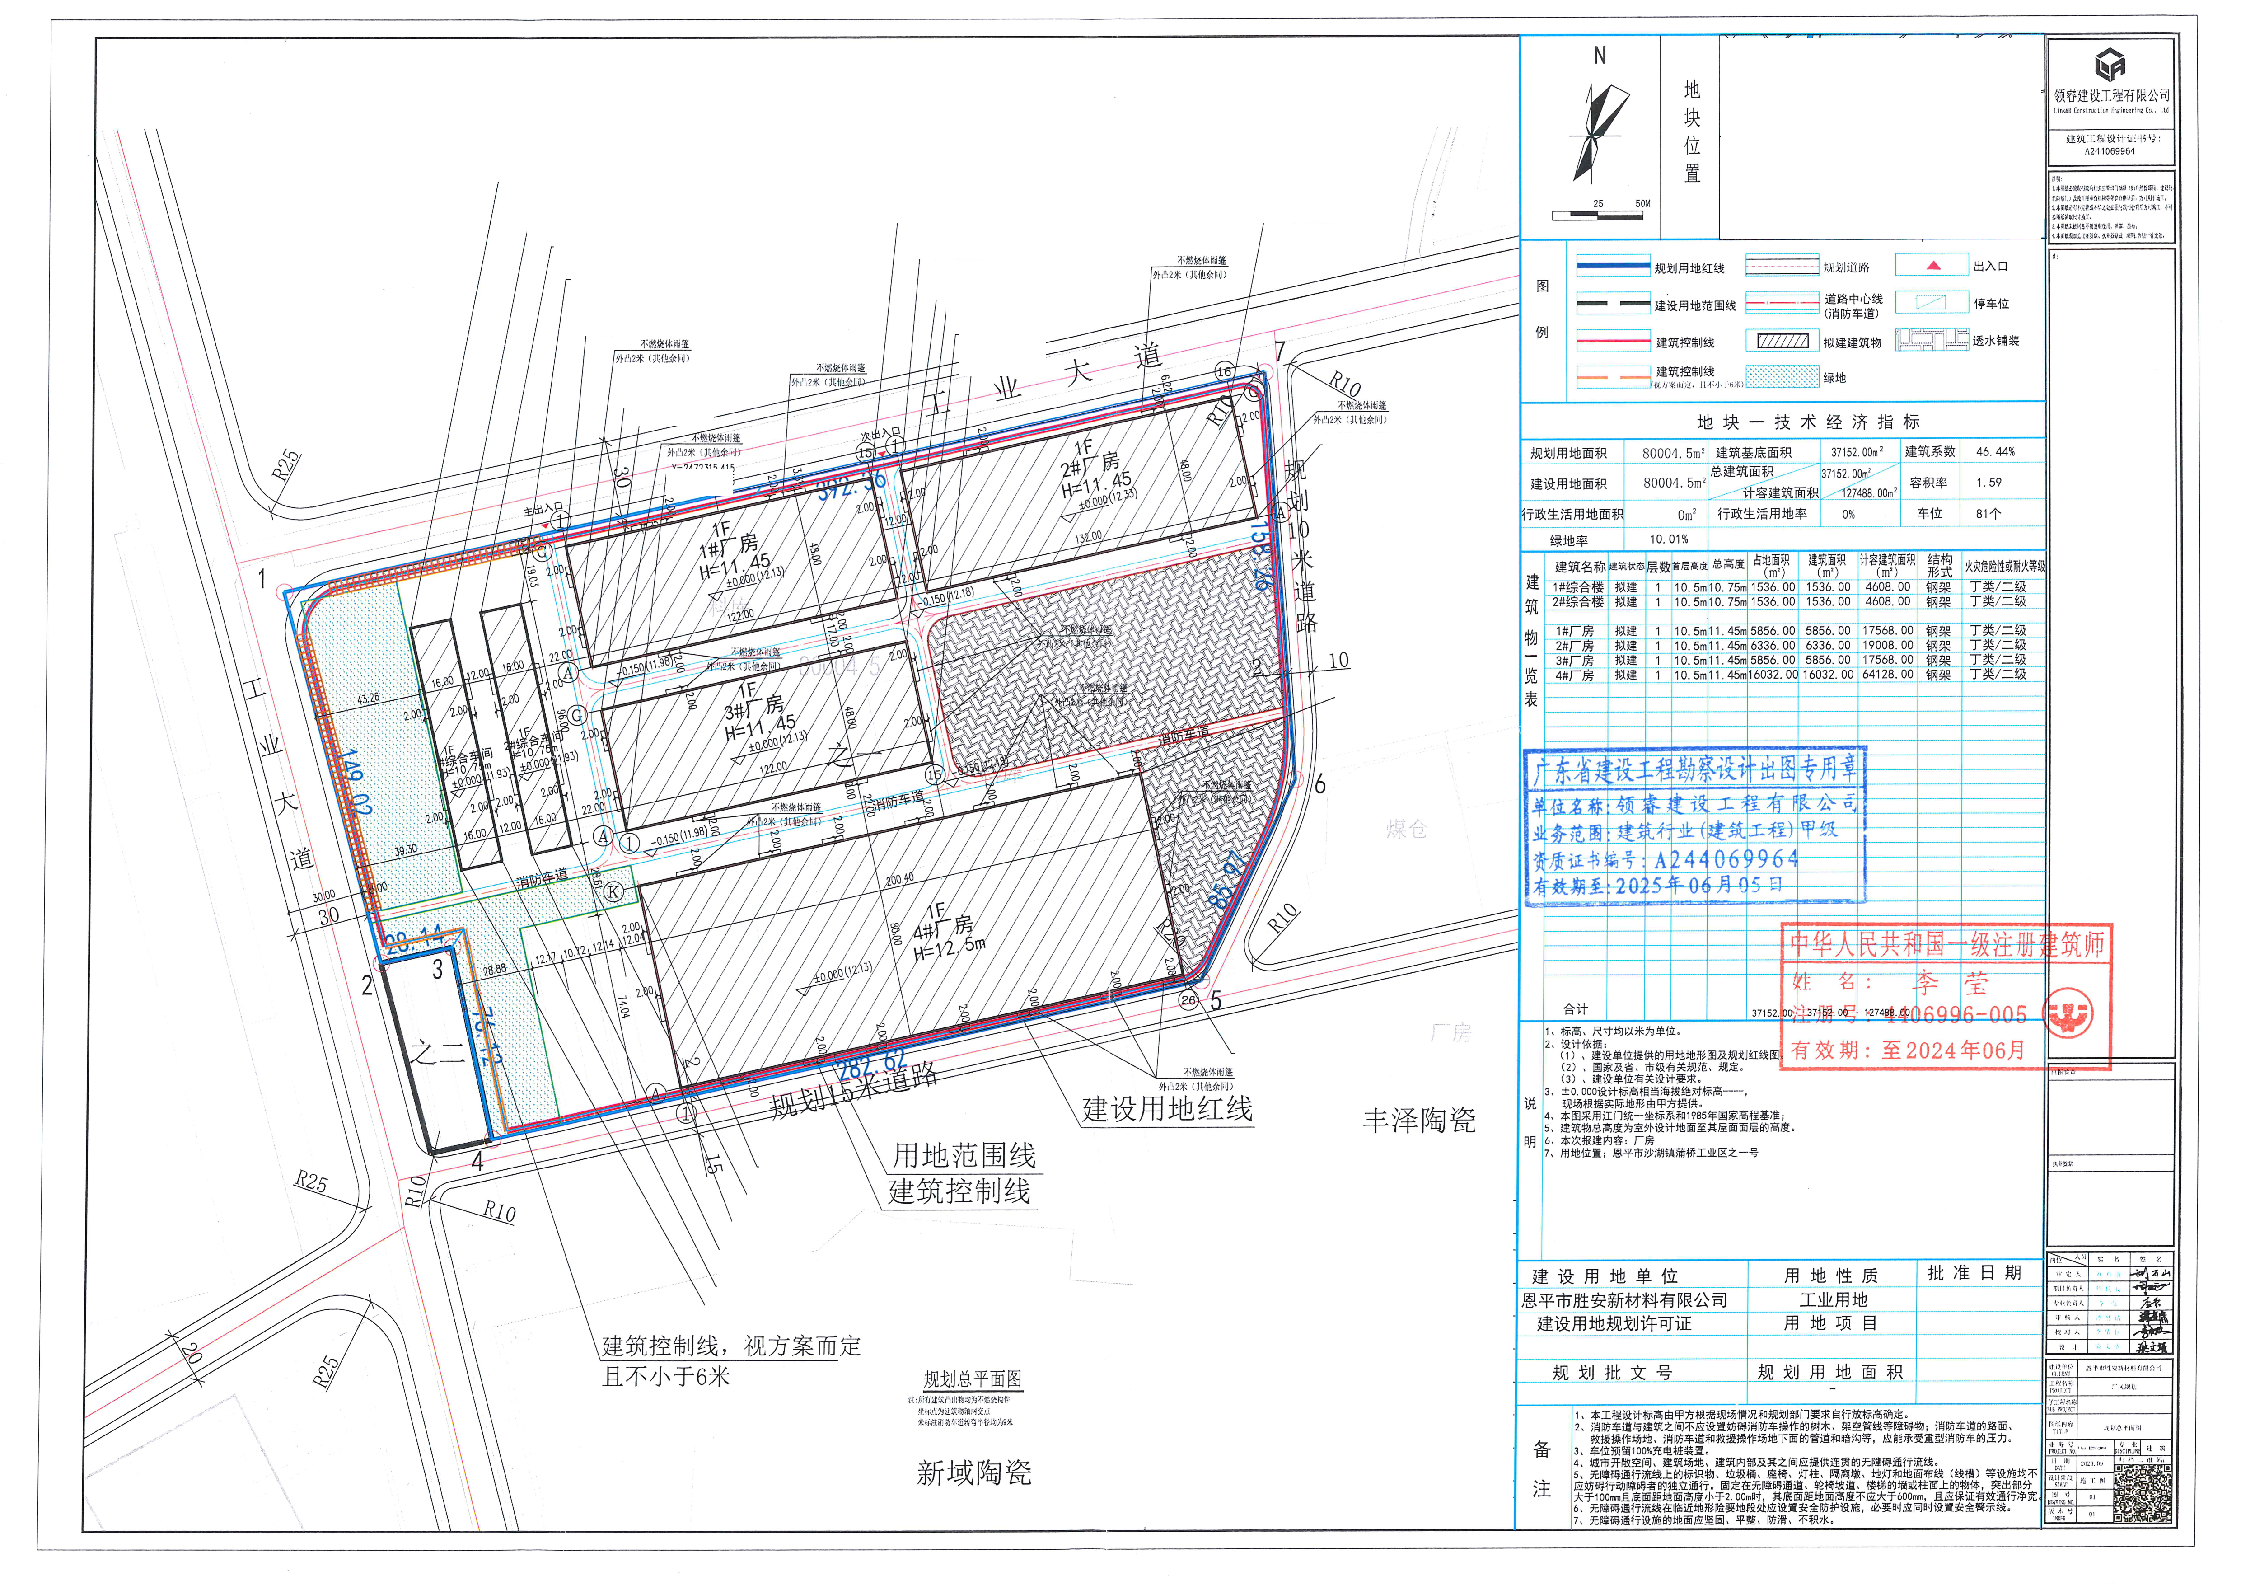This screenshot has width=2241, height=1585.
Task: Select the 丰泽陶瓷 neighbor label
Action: [1418, 1121]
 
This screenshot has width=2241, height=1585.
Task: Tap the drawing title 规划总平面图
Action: [972, 1379]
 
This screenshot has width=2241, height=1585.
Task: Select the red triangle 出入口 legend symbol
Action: [1932, 266]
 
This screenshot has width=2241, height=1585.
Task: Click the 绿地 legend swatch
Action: [1781, 378]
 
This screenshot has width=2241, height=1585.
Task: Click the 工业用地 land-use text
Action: [1833, 1300]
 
